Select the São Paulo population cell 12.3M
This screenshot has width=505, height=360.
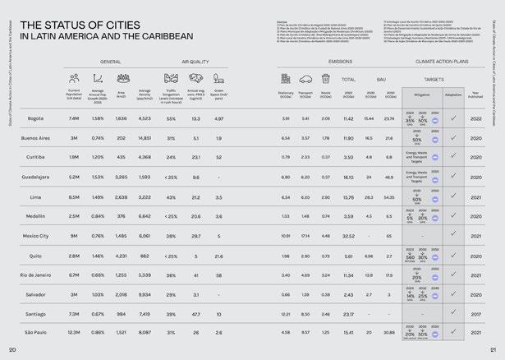(x=74, y=333)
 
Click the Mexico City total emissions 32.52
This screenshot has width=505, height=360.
(x=348, y=236)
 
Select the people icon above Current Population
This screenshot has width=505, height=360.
(x=75, y=79)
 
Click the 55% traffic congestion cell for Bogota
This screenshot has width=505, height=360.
(x=171, y=119)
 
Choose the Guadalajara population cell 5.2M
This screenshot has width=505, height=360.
(x=74, y=178)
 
